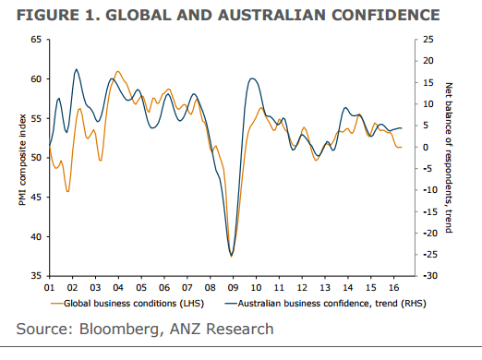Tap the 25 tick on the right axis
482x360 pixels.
(427, 40)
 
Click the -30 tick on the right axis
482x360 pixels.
(428, 276)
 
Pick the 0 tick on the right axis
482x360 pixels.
(424, 148)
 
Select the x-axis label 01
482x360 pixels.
(49, 287)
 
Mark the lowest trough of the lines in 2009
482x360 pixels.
(231, 256)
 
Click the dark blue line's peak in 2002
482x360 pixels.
(76, 69)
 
